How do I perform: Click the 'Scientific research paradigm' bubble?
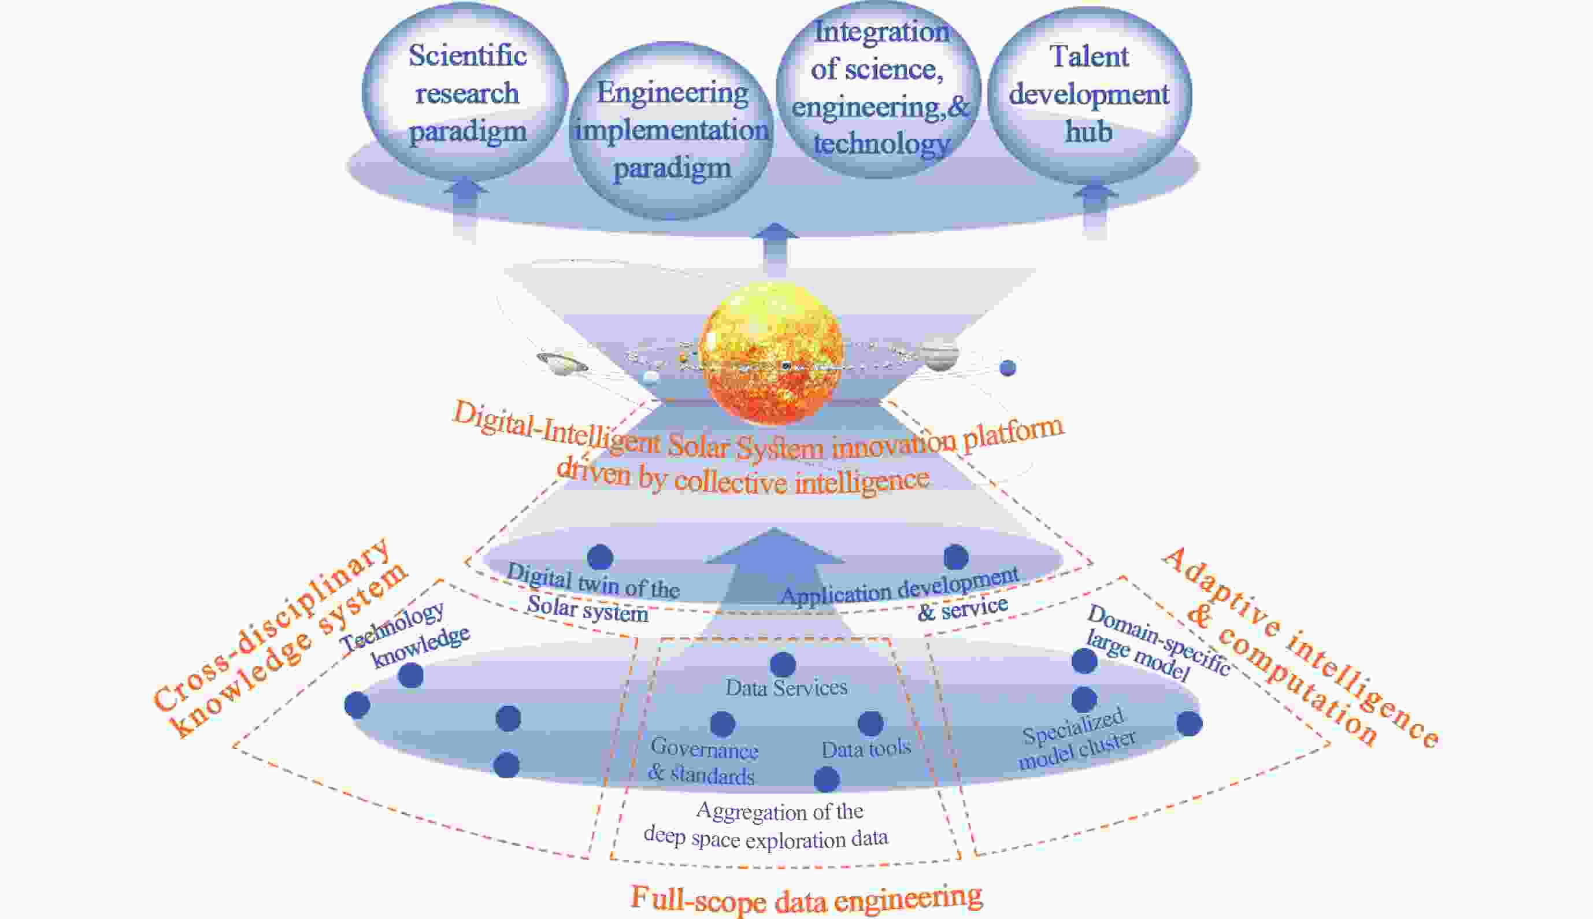[x=466, y=94]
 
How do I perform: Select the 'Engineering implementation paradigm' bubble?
[x=672, y=131]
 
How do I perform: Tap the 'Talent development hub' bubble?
[x=1090, y=95]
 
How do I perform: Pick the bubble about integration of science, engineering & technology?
[x=880, y=88]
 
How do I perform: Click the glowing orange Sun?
[x=771, y=354]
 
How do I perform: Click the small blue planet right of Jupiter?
[x=1008, y=368]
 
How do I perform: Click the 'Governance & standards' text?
[x=703, y=761]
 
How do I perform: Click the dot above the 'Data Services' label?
[x=783, y=664]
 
